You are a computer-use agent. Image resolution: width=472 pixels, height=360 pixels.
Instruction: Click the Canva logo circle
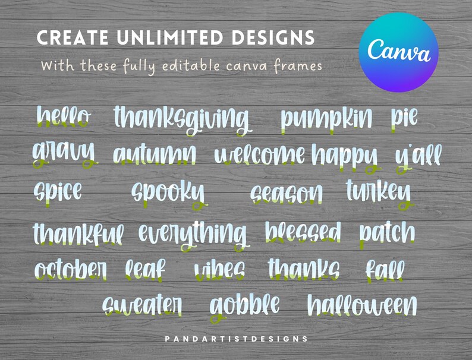[x=399, y=52]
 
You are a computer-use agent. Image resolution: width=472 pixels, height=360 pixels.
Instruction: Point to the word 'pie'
[x=404, y=116]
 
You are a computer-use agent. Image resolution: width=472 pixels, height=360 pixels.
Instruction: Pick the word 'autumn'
[x=154, y=154]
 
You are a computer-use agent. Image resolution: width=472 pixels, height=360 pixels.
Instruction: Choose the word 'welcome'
[x=260, y=156]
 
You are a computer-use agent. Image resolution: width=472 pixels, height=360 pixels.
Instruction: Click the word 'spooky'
[x=168, y=192]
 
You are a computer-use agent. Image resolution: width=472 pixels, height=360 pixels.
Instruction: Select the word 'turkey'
[x=379, y=191]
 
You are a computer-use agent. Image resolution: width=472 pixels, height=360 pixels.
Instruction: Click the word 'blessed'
[x=303, y=232]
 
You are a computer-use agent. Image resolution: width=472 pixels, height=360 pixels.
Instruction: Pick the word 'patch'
[x=387, y=232]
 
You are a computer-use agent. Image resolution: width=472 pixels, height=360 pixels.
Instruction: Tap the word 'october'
[x=71, y=269]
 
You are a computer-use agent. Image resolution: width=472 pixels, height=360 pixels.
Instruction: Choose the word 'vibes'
[x=219, y=270]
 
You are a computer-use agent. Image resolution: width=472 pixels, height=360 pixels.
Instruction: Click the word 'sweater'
[x=142, y=305]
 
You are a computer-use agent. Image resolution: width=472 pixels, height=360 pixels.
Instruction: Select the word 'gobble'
[x=244, y=305]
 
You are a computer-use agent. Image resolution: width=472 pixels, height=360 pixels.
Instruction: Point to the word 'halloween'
[x=362, y=305]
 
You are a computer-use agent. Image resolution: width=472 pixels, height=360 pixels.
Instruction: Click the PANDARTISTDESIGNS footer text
[x=236, y=339]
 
